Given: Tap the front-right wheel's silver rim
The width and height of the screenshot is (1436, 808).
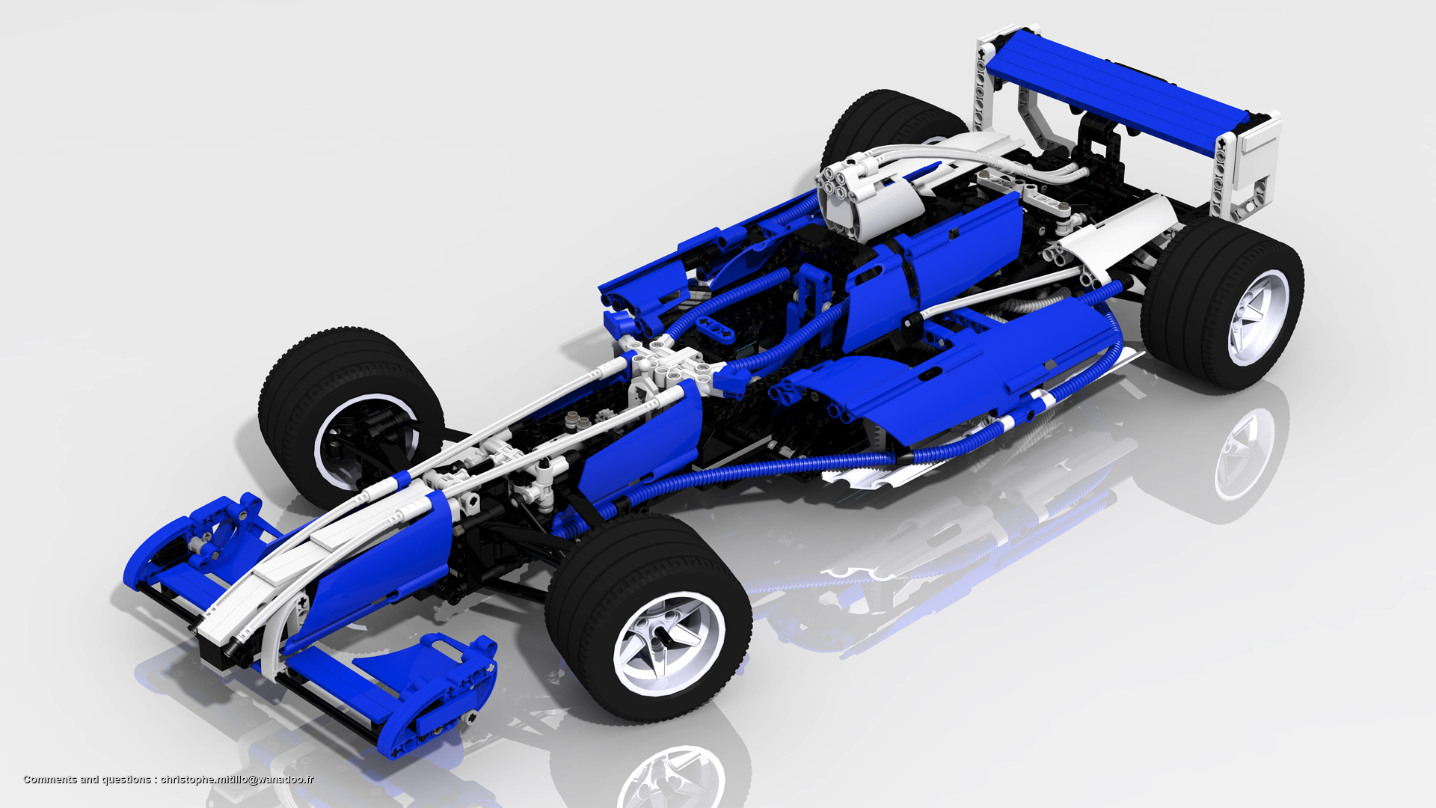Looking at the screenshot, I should [x=669, y=643].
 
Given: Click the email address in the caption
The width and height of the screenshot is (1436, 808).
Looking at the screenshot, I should [x=237, y=780].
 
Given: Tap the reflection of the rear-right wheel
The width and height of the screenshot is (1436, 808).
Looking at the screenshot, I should [x=1242, y=456].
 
